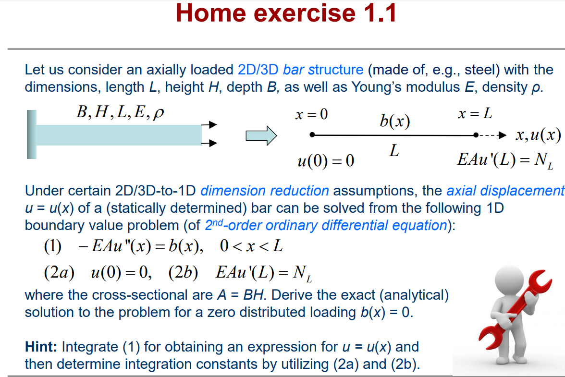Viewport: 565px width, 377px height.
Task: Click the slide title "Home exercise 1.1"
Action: click(x=286, y=14)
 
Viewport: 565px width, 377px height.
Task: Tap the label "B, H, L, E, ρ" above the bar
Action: click(x=120, y=113)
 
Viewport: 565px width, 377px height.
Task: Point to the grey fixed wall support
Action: click(x=32, y=134)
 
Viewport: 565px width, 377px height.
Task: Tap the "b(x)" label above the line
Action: click(x=394, y=121)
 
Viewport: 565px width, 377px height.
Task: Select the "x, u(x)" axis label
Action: click(x=538, y=135)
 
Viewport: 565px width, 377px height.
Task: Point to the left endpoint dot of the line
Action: click(x=312, y=135)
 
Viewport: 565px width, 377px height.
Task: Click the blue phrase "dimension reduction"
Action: click(x=265, y=191)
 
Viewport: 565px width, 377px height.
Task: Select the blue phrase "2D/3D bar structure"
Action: click(x=300, y=70)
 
